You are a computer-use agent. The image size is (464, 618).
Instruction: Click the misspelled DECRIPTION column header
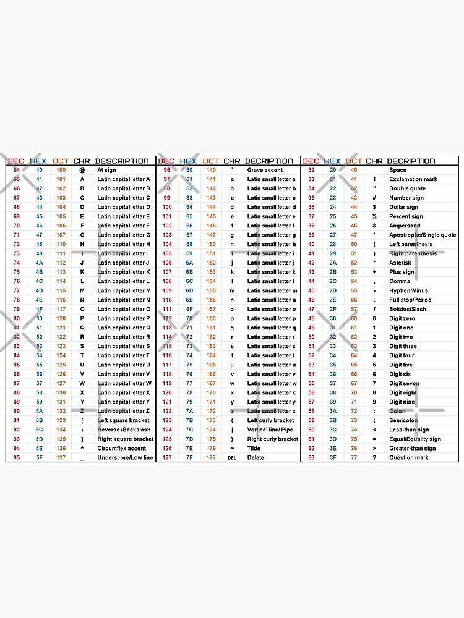pos(269,161)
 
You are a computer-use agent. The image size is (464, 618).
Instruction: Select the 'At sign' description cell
pos(106,170)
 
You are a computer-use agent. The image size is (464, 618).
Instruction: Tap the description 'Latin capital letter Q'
pos(124,328)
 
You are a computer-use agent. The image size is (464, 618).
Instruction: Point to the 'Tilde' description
pos(254,448)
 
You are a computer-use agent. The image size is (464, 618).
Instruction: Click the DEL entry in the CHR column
pos(232,458)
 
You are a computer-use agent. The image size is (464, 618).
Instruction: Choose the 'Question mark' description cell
pos(409,457)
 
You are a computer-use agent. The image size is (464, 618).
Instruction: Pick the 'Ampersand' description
pos(405,226)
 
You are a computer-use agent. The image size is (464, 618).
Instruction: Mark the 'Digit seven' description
pos(404,383)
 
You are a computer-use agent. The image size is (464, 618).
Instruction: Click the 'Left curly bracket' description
pos(270,420)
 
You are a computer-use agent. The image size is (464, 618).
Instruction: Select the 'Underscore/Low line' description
pos(125,457)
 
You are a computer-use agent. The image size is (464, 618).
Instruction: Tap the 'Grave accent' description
pos(265,170)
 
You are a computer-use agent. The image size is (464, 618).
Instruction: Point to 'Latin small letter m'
pos(272,290)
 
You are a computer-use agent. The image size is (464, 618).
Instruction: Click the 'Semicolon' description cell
pos(403,420)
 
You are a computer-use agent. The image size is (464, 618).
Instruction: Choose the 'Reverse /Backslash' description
pos(124,430)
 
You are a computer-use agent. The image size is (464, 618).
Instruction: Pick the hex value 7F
pos(189,457)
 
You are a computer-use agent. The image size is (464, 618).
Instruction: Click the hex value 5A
pos(39,411)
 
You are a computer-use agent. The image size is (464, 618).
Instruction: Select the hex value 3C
pos(332,430)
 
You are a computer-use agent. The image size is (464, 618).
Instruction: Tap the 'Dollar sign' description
pos(403,207)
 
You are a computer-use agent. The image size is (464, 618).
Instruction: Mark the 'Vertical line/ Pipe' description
pos(270,430)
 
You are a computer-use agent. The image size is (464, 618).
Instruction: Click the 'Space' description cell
pos(398,170)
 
